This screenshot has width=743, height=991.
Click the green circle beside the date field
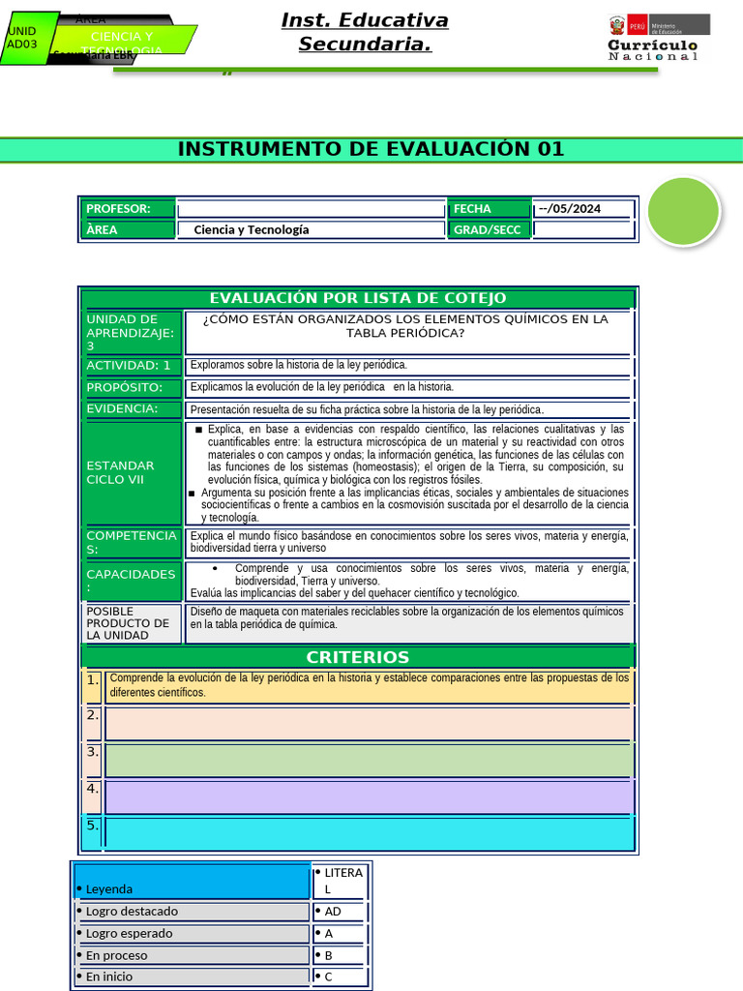pos(683,211)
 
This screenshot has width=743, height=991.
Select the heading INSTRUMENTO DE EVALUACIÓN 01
pos(371,149)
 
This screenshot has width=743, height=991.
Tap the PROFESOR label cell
pos(128,209)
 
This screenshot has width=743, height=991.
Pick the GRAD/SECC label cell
pos(489,229)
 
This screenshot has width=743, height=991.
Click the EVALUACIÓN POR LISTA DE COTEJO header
pos(358,298)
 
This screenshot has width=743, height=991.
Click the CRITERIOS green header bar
pos(358,657)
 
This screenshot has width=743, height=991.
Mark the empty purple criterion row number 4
pos(369,796)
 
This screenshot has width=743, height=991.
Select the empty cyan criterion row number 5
pos(369,833)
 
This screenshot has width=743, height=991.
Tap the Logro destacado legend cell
pos(192,911)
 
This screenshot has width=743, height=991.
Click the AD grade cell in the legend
pos(340,911)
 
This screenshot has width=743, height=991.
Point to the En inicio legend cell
pos(192,976)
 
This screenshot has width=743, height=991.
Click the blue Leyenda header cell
pos(192,881)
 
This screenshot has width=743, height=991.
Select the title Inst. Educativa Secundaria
pos(365,32)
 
